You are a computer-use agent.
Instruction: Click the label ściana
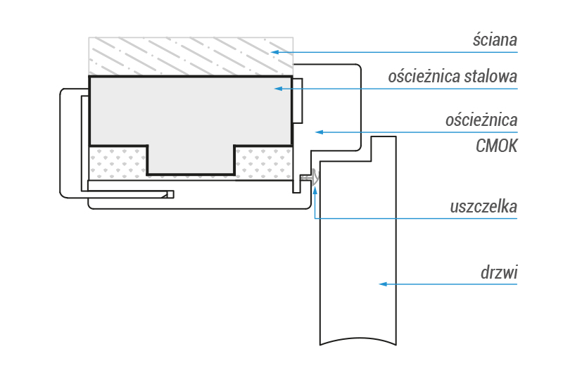pos(495,40)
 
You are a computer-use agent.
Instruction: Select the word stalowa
pos(491,77)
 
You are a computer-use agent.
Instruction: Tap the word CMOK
pos(497,146)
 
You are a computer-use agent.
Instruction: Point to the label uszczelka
pos(483,207)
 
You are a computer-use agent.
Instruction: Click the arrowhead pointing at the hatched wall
pos(275,52)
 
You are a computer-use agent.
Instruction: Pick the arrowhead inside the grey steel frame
pos(278,89)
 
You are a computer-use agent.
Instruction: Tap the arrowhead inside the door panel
pos(383,284)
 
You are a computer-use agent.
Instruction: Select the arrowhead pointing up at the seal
pos(315,189)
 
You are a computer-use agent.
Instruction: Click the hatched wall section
pos(190,56)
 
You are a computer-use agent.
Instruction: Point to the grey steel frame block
pos(190,109)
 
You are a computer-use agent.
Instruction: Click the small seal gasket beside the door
pos(310,178)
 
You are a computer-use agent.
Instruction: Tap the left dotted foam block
pos(117,163)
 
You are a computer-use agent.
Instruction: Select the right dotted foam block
pos(262,163)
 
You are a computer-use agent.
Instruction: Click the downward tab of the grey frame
pos(190,160)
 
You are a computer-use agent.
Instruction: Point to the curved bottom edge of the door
pos(359,343)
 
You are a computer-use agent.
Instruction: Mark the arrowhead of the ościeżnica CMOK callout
pos(317,132)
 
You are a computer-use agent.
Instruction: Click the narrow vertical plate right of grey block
pos(298,101)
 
